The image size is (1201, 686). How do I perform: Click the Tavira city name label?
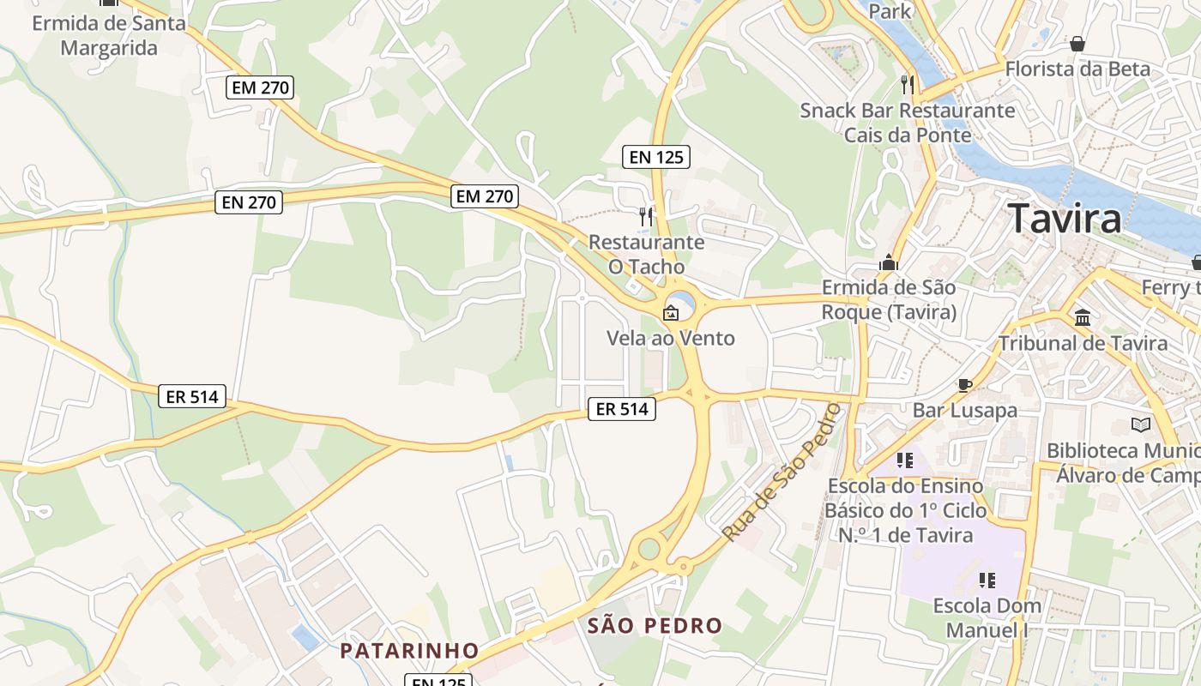pos(1064,219)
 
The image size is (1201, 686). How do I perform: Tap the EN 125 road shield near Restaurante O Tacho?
pos(656,157)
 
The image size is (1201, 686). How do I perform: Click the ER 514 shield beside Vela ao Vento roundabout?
pos(622,409)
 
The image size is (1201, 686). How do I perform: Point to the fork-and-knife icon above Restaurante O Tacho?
pos(646,216)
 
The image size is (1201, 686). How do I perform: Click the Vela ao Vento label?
pos(671,338)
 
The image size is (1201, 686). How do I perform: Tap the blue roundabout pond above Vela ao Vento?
pos(682,301)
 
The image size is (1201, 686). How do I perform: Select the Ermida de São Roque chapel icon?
pos(888,262)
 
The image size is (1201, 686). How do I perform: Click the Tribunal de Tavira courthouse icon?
pos(1083,317)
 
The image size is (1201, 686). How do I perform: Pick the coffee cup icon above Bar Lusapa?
pos(964,385)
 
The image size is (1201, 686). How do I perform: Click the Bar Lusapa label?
pos(964,410)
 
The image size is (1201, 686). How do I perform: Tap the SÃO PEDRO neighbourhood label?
pos(655,626)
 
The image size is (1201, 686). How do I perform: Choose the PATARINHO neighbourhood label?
pos(409,650)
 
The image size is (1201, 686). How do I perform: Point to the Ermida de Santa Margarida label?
pos(109,35)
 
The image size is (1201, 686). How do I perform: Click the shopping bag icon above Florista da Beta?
pos(1077,44)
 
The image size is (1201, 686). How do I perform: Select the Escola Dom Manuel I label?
pos(987,617)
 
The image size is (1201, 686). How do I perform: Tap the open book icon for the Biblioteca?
pos(1140,424)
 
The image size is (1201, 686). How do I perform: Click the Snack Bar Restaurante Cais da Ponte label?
pos(908,123)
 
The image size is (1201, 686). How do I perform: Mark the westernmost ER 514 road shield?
pos(193,396)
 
